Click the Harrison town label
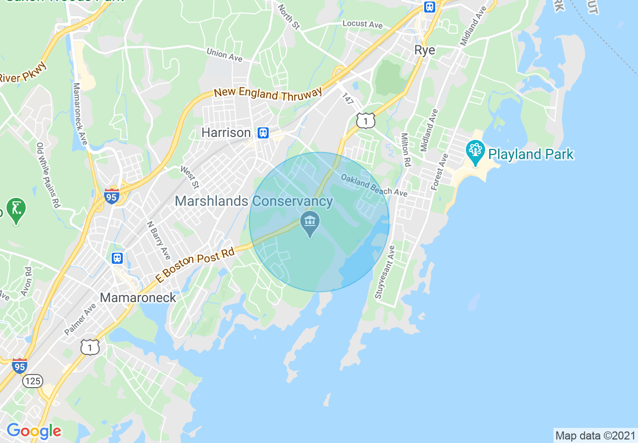(x=226, y=132)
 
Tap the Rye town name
(x=425, y=50)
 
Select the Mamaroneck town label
(x=138, y=298)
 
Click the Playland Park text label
(x=531, y=154)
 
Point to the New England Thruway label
(x=268, y=93)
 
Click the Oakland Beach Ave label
(x=374, y=185)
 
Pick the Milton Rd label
(x=406, y=150)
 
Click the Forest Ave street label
(x=439, y=172)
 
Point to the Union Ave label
(x=224, y=54)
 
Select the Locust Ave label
(x=362, y=24)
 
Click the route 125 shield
(x=33, y=381)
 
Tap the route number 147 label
(x=348, y=99)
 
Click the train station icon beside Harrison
(x=263, y=133)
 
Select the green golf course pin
(x=17, y=209)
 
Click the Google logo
(x=34, y=431)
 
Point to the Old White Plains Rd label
(x=48, y=175)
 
